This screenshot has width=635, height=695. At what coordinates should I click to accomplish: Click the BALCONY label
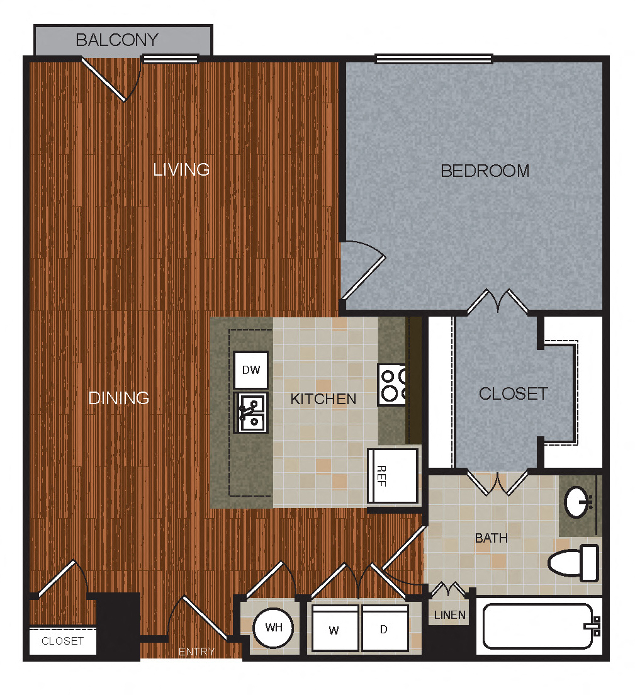click(x=116, y=40)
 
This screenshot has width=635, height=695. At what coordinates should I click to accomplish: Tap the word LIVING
click(x=181, y=169)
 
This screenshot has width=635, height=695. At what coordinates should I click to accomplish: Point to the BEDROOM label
click(x=485, y=171)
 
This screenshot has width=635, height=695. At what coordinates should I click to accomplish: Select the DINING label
click(x=119, y=398)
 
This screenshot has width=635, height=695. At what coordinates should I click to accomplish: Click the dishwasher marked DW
click(x=251, y=370)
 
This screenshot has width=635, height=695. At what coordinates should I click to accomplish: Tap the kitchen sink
click(x=250, y=412)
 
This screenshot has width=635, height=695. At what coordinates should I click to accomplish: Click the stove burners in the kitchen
click(x=392, y=385)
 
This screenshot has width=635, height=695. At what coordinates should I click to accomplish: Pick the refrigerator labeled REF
click(x=393, y=475)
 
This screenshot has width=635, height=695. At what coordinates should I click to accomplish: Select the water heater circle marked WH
click(x=273, y=628)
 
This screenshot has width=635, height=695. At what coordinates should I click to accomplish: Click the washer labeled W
click(x=334, y=629)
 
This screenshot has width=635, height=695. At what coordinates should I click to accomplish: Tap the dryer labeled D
click(x=385, y=629)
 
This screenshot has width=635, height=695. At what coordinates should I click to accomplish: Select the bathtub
click(x=537, y=626)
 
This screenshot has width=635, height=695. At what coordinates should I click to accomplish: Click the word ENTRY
click(x=196, y=652)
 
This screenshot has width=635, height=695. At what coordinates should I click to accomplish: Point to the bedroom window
click(x=434, y=59)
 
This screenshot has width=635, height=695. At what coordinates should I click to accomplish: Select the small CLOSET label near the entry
click(x=62, y=641)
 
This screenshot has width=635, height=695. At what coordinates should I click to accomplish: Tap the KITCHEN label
click(x=323, y=398)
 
